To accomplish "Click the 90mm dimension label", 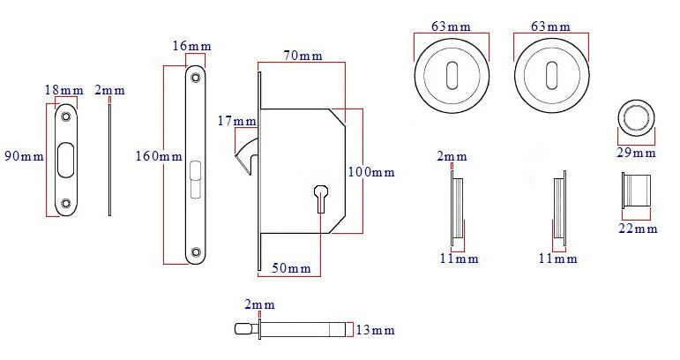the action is pyautogui.click(x=25, y=156).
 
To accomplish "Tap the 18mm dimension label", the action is pyautogui.click(x=64, y=90).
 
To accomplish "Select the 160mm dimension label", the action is pyautogui.click(x=159, y=156).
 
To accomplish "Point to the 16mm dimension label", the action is pyautogui.click(x=191, y=46).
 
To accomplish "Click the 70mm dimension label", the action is pyautogui.click(x=303, y=56).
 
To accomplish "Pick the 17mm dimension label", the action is pyautogui.click(x=236, y=121).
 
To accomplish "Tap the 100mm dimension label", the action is pyautogui.click(x=371, y=172).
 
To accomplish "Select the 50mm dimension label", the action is pyautogui.click(x=291, y=268).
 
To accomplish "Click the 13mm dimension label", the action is pyautogui.click(x=376, y=330).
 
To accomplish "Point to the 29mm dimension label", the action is pyautogui.click(x=636, y=153).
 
